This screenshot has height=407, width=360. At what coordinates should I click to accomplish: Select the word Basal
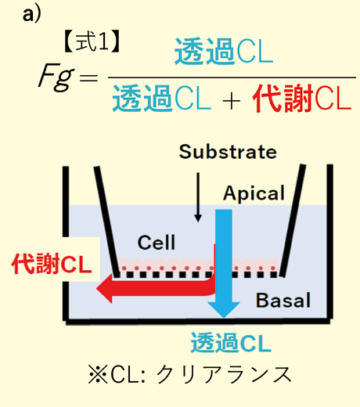click(283, 301)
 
